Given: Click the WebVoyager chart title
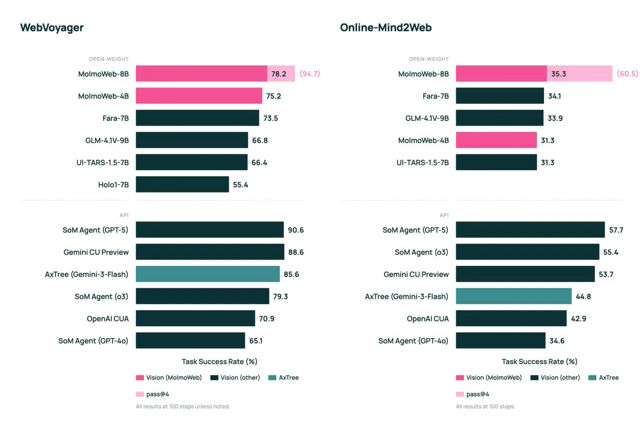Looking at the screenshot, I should point(52,28).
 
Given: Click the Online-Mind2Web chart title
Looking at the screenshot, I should point(386,28).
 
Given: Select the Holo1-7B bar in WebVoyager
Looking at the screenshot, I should point(182,184).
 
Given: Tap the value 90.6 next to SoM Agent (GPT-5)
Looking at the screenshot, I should point(296,230).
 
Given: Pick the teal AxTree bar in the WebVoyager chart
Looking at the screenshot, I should point(208,274).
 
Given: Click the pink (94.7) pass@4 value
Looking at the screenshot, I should point(309,74).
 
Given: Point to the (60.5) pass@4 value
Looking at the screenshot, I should point(627,74).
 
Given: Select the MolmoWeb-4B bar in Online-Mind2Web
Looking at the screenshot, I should point(496,140).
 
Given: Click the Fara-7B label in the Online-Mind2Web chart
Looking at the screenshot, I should point(435,96).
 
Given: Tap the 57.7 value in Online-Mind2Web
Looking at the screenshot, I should point(616,230).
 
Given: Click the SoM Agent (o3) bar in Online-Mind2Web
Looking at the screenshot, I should point(527,252).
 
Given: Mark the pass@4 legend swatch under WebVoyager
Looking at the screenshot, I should point(140,394).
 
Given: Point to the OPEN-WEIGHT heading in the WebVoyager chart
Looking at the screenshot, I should point(108,59).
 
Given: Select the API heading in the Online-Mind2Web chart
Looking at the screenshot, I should point(444,215).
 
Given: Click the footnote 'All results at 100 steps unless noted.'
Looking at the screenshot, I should point(183,406).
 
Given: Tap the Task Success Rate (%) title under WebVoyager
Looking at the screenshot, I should point(219,362).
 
